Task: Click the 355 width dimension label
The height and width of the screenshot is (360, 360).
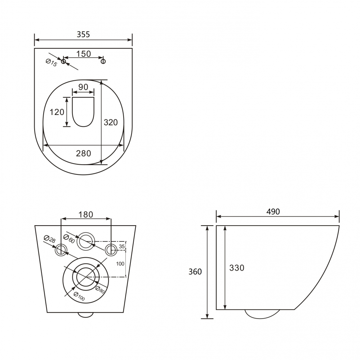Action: (x=83, y=35)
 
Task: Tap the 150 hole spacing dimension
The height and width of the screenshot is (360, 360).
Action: (x=84, y=54)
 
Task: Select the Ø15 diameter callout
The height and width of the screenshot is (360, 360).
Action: (x=51, y=62)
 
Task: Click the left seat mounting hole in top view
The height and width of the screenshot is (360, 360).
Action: (x=63, y=61)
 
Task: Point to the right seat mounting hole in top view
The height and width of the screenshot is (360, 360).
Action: (x=103, y=61)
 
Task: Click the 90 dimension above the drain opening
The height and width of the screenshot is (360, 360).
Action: (x=83, y=87)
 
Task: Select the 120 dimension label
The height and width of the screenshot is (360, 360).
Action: (x=57, y=112)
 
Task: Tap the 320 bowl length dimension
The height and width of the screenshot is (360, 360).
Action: (x=111, y=123)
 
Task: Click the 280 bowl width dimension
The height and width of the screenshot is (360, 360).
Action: (x=84, y=153)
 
